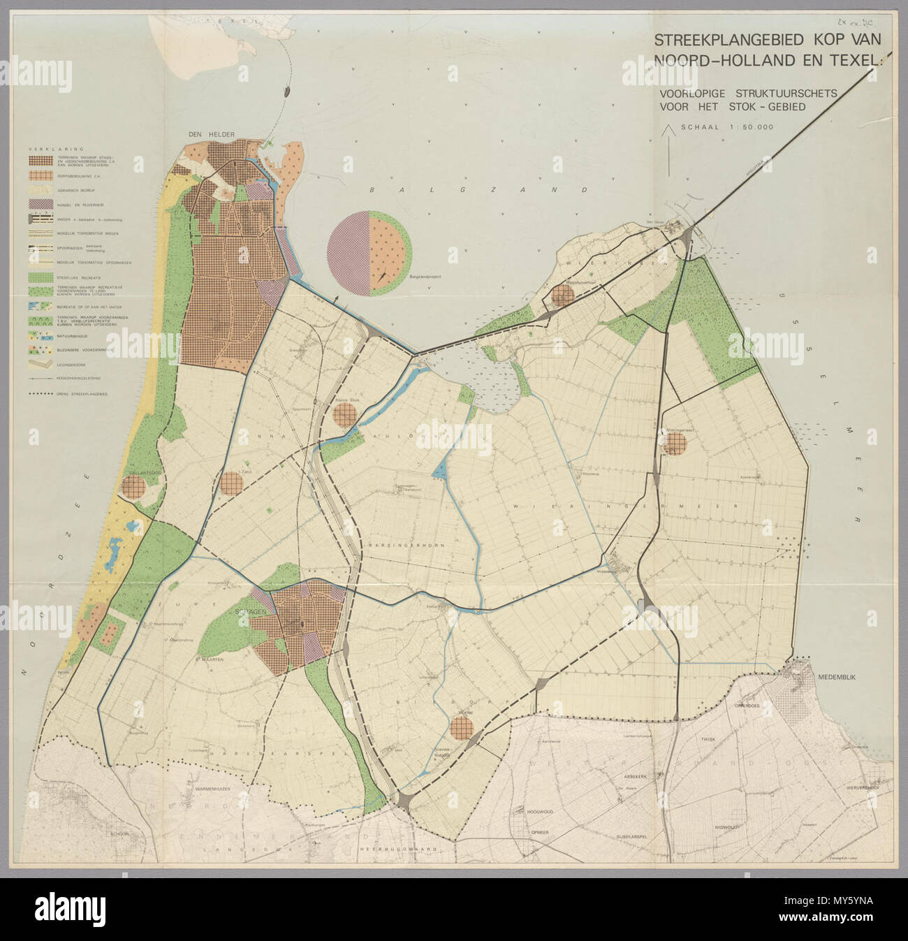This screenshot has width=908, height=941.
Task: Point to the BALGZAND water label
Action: pyautogui.click(x=400, y=190)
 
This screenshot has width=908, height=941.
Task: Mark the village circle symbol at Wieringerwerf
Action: pyautogui.click(x=675, y=443)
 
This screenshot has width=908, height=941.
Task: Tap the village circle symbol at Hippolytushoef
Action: pyautogui.click(x=562, y=296)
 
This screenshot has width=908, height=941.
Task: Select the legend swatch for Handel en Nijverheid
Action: pyautogui.click(x=43, y=203)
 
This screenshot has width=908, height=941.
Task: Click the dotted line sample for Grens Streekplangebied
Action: pyautogui.click(x=43, y=395)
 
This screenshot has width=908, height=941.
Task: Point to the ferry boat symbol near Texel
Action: pyautogui.click(x=287, y=90)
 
